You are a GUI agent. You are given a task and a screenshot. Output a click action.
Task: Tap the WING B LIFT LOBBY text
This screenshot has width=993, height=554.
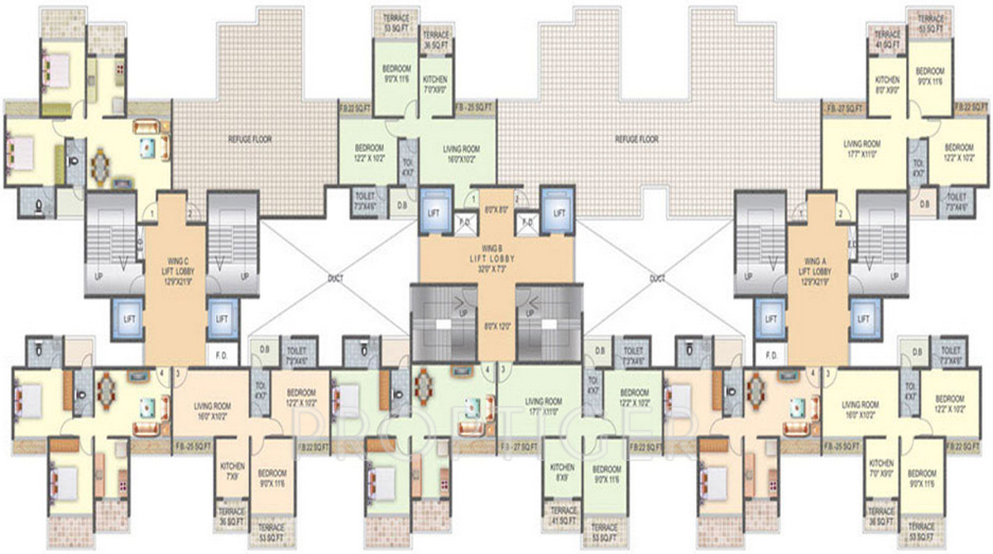pyautogui.click(x=495, y=257)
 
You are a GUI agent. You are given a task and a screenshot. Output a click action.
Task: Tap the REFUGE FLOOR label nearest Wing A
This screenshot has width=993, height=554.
pyautogui.click(x=638, y=140)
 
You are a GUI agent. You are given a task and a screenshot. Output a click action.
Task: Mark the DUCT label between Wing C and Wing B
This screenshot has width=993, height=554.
pyautogui.click(x=335, y=278)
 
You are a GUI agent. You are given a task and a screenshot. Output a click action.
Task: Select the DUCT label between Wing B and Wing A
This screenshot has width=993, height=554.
pyautogui.click(x=657, y=278)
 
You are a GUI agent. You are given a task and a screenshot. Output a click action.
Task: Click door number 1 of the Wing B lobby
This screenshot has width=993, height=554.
pyautogui.click(x=473, y=199)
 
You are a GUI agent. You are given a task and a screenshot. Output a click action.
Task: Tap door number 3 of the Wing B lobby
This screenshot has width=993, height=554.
pyautogui.click(x=503, y=369)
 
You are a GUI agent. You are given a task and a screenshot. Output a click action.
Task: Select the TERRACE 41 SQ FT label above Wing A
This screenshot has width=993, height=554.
pyautogui.click(x=887, y=39)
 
